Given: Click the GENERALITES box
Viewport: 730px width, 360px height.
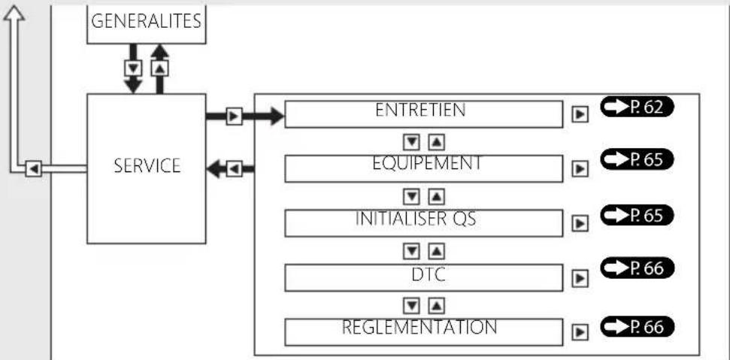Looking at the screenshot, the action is (146, 24).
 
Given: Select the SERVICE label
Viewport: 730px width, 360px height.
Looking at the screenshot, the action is (147, 166).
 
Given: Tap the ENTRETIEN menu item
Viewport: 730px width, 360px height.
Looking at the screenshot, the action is (424, 114).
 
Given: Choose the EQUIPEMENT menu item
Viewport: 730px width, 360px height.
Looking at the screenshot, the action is (424, 168).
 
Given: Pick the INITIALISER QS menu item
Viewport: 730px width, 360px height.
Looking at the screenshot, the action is (424, 223).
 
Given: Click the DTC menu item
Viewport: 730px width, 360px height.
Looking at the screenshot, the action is (424, 277).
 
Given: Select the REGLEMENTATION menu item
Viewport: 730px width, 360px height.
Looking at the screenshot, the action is (424, 332).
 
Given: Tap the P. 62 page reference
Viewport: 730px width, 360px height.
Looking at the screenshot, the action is (637, 107).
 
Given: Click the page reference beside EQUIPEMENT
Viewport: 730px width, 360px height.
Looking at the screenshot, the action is (637, 159).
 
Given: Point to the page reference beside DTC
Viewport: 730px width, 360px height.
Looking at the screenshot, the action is (637, 268).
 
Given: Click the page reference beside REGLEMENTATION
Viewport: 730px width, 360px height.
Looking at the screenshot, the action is (637, 327).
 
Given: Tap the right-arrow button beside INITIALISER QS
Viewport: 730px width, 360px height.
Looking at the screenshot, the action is (580, 224).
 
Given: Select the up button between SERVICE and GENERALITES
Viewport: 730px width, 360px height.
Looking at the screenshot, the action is (159, 69).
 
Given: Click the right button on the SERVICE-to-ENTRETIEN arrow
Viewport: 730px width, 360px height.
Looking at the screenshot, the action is (235, 116).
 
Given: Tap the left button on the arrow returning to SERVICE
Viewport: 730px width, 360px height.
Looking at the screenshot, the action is (235, 168).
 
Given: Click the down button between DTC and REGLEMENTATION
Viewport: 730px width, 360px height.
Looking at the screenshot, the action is (411, 306).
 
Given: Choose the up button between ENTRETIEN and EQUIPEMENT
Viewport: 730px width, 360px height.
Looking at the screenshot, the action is (436, 142).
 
